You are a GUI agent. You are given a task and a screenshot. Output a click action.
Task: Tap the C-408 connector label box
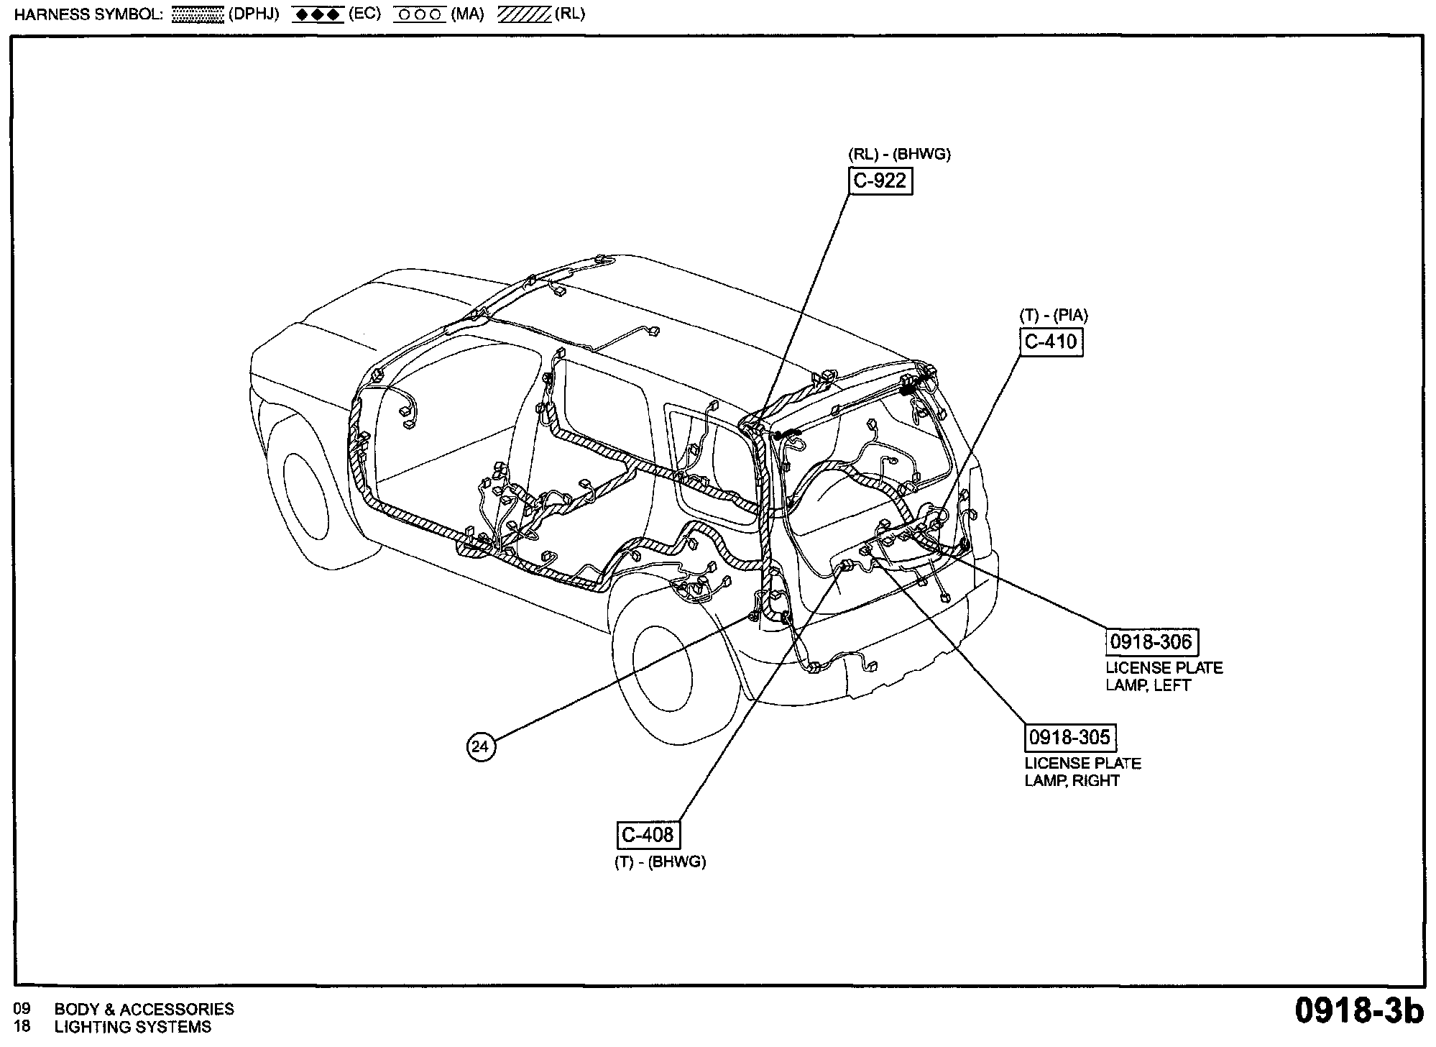pyautogui.click(x=648, y=835)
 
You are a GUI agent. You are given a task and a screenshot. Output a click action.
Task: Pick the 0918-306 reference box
pyautogui.click(x=1151, y=641)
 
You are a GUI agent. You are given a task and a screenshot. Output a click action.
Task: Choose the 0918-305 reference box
pyautogui.click(x=1070, y=737)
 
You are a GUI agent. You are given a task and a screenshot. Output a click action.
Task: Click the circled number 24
pyautogui.click(x=480, y=746)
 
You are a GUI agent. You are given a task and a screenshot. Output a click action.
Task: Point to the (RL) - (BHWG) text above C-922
pyautogui.click(x=899, y=155)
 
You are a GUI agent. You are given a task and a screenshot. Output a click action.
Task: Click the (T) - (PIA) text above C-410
pyautogui.click(x=1054, y=315)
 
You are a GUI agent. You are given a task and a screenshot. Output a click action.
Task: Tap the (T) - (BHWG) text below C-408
pyautogui.click(x=660, y=861)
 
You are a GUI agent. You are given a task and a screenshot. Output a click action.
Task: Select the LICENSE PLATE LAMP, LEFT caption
pyautogui.click(x=1164, y=676)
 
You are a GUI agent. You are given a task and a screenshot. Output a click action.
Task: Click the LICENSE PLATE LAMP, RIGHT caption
pyautogui.click(x=1082, y=772)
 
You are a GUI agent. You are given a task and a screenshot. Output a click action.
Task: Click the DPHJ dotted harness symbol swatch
pyautogui.click(x=198, y=15)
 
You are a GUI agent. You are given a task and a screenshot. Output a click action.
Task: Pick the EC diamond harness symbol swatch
pyautogui.click(x=317, y=15)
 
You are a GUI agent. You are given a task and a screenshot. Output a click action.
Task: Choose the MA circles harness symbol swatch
pyautogui.click(x=419, y=15)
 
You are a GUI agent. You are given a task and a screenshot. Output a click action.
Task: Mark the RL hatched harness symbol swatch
pyautogui.click(x=524, y=15)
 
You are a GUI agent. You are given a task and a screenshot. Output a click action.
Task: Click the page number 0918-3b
pyautogui.click(x=1358, y=1010)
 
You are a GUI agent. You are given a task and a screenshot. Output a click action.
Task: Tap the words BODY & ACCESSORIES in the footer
pyautogui.click(x=144, y=1009)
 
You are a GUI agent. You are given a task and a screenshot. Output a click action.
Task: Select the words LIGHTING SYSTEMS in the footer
pyautogui.click(x=133, y=1027)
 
